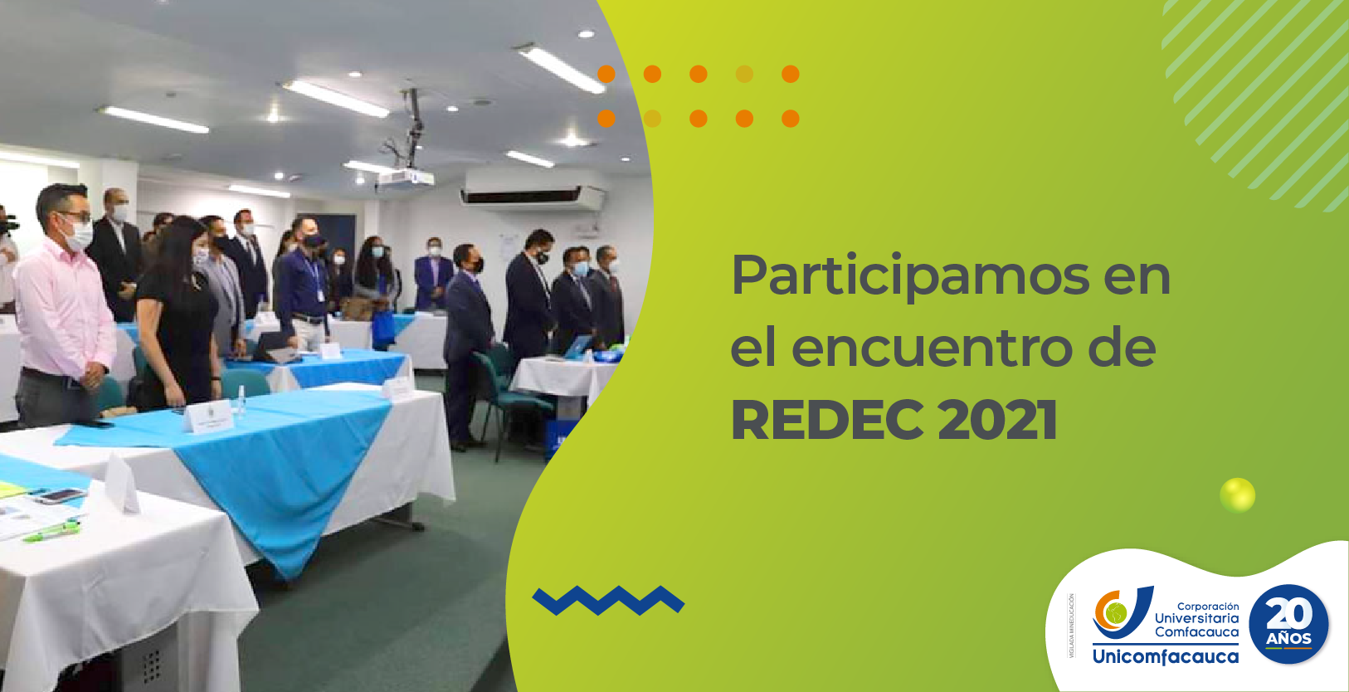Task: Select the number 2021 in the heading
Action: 997,421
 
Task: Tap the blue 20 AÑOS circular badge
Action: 1288,625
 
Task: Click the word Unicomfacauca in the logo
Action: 1165,657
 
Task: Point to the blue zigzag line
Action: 607,600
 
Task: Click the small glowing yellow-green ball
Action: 1237,495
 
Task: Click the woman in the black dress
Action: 177,315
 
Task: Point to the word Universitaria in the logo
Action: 1196,618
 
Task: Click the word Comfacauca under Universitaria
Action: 1196,632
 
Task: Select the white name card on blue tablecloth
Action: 207,417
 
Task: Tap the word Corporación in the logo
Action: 1207,607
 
